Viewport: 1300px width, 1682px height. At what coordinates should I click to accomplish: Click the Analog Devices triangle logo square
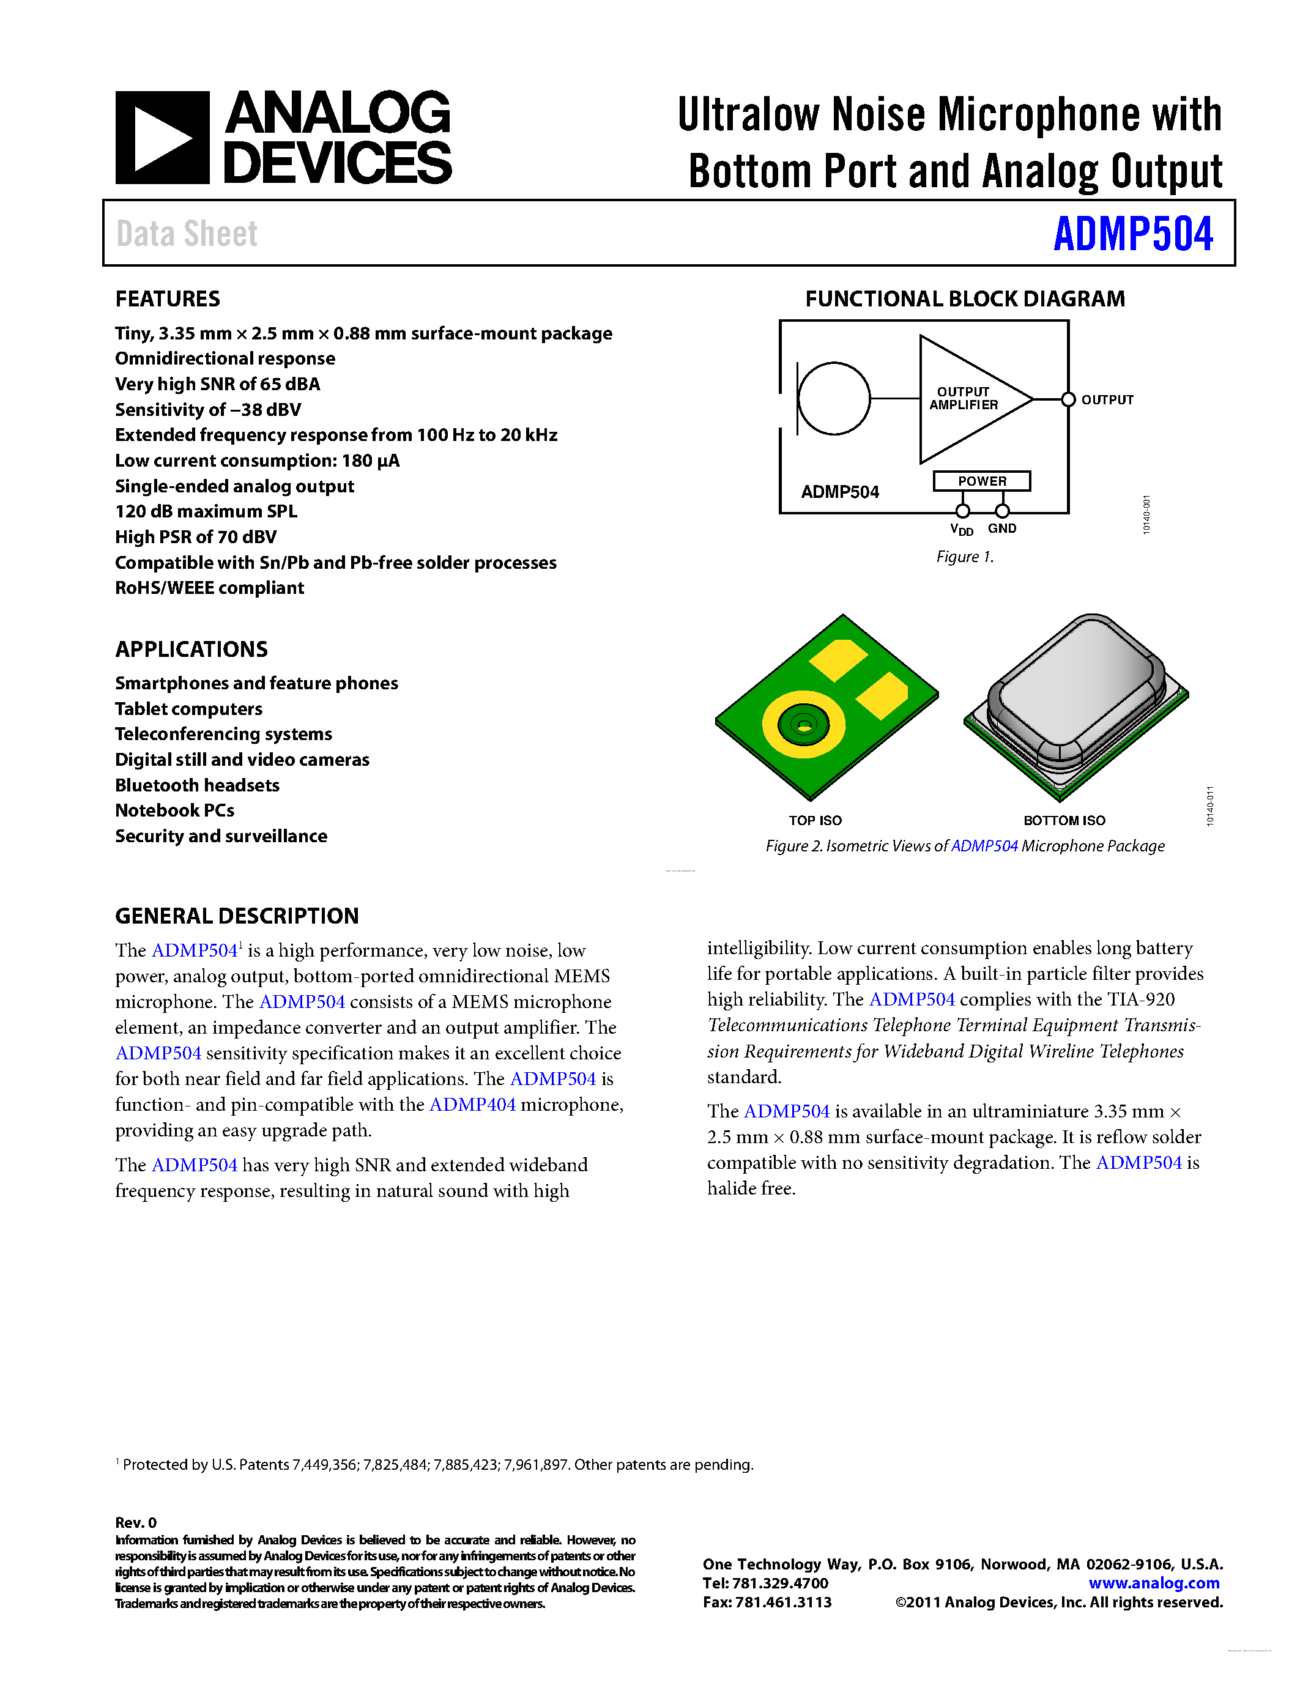pyautogui.click(x=162, y=138)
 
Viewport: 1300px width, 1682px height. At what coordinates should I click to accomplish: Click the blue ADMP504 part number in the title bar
pyautogui.click(x=1132, y=234)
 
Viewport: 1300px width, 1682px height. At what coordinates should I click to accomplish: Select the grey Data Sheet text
pyautogui.click(x=187, y=234)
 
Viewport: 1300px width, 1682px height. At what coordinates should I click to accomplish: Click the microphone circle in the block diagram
pyautogui.click(x=834, y=398)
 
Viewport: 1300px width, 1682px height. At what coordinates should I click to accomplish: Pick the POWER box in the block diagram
pyautogui.click(x=981, y=481)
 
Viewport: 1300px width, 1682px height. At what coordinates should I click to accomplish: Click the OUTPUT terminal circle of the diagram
pyautogui.click(x=1068, y=399)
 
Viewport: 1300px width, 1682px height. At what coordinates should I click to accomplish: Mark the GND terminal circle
pyautogui.click(x=1002, y=511)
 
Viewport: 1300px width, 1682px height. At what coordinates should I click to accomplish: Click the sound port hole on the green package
pyautogui.click(x=803, y=725)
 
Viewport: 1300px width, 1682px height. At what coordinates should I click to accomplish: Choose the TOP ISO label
pyautogui.click(x=815, y=820)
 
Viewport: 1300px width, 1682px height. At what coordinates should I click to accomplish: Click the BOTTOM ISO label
pyautogui.click(x=1064, y=820)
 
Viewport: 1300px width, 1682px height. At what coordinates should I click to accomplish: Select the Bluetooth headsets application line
pyautogui.click(x=197, y=785)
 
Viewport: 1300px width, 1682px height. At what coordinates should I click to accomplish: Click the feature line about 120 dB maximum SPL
pyautogui.click(x=206, y=511)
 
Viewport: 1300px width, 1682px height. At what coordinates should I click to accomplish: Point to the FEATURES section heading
pyautogui.click(x=167, y=299)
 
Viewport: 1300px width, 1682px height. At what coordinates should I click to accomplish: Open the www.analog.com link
pyautogui.click(x=1153, y=1583)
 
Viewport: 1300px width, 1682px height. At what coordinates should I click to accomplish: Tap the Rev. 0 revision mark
pyautogui.click(x=136, y=1522)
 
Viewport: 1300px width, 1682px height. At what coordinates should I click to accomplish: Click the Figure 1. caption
pyautogui.click(x=964, y=556)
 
